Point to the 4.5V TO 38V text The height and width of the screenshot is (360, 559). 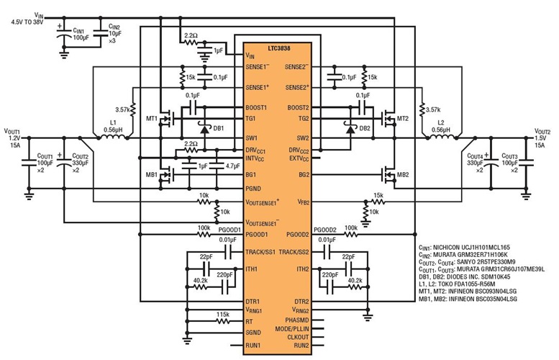28,22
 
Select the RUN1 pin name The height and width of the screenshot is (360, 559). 254,345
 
